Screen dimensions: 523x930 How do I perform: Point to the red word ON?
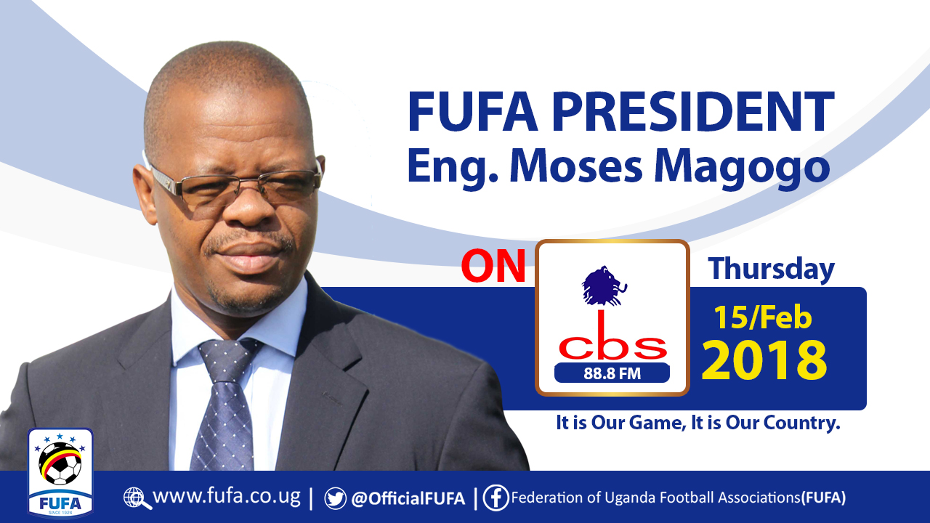pos(493,267)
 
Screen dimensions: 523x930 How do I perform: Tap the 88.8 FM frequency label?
pos(612,373)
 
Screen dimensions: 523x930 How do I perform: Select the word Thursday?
pos(772,269)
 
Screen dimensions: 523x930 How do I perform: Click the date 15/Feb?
pos(762,317)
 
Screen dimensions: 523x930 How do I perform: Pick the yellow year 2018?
pos(764,360)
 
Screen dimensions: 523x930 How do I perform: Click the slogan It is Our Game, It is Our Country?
pos(697,423)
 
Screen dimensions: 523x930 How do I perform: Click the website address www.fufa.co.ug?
pos(226,498)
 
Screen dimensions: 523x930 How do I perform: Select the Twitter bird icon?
pos(335,498)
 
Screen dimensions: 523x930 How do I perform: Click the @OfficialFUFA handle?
pos(408,498)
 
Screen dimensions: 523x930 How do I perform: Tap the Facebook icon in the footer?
pos(496,498)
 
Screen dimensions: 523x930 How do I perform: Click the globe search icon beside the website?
pos(137,498)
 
